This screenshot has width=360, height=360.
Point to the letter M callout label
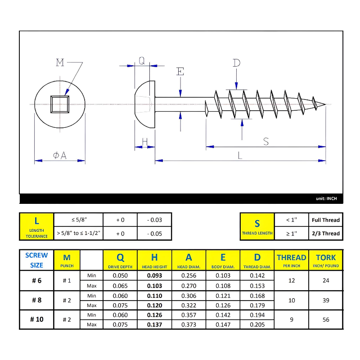click(x=60, y=63)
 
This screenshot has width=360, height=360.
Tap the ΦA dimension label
click(x=60, y=155)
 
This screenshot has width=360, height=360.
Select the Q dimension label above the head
click(x=142, y=61)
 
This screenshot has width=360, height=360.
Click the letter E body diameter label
click(x=180, y=72)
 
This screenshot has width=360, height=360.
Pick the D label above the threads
click(x=237, y=63)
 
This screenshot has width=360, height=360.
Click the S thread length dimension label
click(x=266, y=141)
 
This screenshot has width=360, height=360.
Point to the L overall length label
click(x=240, y=156)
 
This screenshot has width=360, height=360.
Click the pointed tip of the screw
click(x=324, y=105)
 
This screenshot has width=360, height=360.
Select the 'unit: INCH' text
click(x=326, y=198)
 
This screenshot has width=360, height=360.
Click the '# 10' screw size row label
click(x=36, y=319)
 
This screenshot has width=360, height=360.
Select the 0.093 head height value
click(x=154, y=275)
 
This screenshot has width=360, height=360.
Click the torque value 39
click(x=326, y=300)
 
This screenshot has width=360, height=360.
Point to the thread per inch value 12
click(x=292, y=280)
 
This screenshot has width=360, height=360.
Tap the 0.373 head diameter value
click(x=189, y=324)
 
